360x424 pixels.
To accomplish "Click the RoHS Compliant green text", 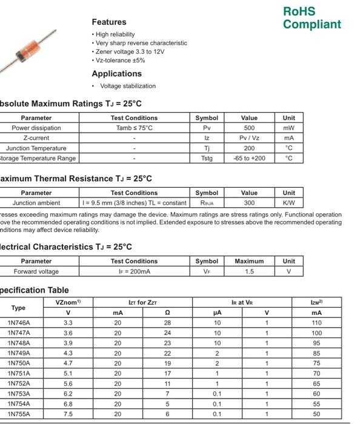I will coord(312,18).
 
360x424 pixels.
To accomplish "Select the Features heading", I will coord(109,22).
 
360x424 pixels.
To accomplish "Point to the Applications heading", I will coord(120,73).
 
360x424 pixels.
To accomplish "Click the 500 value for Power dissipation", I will coord(249,128).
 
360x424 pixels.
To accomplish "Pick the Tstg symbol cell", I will coord(207,158).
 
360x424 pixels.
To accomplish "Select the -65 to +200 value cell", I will coord(249,158).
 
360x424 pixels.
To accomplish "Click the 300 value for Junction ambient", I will coord(249,203).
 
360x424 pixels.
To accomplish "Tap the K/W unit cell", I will coord(289,203).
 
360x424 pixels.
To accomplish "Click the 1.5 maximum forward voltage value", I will coord(249,271).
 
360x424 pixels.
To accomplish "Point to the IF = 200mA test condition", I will coord(134,271).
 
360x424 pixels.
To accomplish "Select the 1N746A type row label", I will coord(18,323).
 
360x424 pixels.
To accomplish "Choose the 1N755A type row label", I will coord(18,414).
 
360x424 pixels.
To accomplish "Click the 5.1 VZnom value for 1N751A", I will coord(68,373).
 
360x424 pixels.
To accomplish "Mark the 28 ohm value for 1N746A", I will coord(167,323).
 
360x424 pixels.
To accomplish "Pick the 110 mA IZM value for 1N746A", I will coord(316,323).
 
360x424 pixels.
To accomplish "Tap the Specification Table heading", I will coord(35,290).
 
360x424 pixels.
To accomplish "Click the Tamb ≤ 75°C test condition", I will coord(134,128).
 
